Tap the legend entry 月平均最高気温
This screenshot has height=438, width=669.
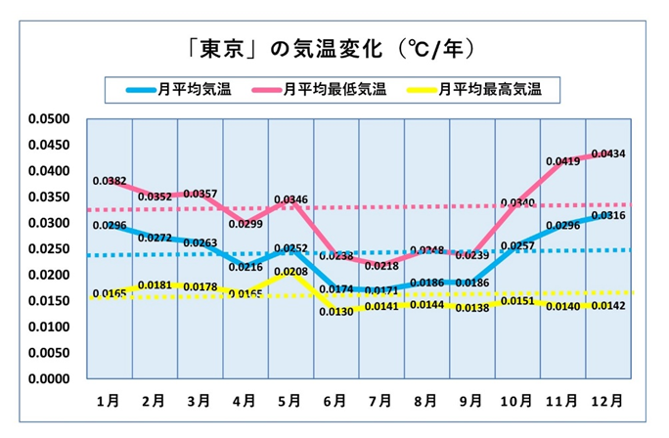[x=489, y=90]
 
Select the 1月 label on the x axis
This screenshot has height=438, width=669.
[x=109, y=402]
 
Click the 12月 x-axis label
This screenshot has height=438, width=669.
[x=608, y=402]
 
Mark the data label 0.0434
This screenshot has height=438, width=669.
[x=608, y=154]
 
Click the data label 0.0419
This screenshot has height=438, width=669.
[x=562, y=161]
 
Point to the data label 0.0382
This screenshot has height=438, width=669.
[x=110, y=181]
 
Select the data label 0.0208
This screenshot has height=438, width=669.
[x=290, y=272]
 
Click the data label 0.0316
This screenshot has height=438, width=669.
[x=608, y=216]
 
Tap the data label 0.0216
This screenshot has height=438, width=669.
[x=245, y=267]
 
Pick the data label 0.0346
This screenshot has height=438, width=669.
[x=290, y=199]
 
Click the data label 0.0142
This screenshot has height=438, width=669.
[x=608, y=307]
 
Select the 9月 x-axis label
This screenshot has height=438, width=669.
[x=471, y=402]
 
